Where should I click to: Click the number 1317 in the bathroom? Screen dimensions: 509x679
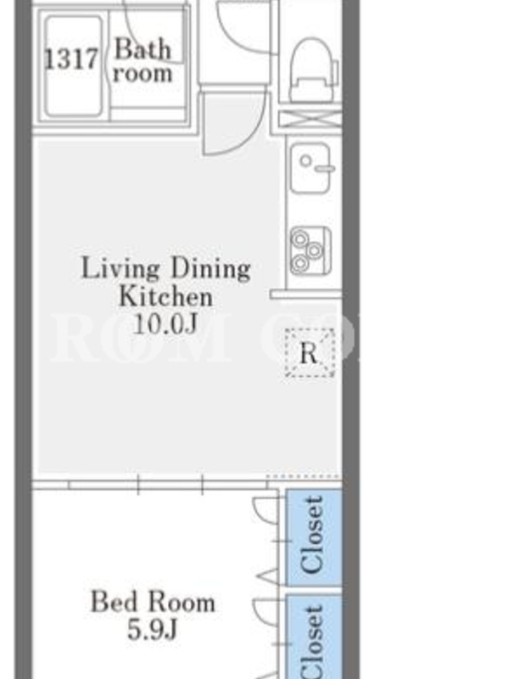tap(71, 59)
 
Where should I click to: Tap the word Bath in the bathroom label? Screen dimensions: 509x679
tap(143, 49)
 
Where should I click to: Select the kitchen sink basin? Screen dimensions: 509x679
tap(311, 168)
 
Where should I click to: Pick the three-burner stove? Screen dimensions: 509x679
tap(310, 250)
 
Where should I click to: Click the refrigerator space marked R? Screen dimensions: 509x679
tap(310, 352)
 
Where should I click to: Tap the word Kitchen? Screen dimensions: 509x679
tap(165, 296)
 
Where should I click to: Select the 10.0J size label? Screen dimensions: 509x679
tap(165, 323)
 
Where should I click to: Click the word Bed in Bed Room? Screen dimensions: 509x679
tap(114, 602)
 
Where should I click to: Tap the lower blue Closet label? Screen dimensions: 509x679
tap(312, 642)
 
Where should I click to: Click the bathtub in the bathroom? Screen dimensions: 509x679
tap(74, 66)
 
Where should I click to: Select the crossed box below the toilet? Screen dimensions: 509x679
tap(310, 119)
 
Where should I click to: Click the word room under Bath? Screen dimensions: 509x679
tap(143, 74)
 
